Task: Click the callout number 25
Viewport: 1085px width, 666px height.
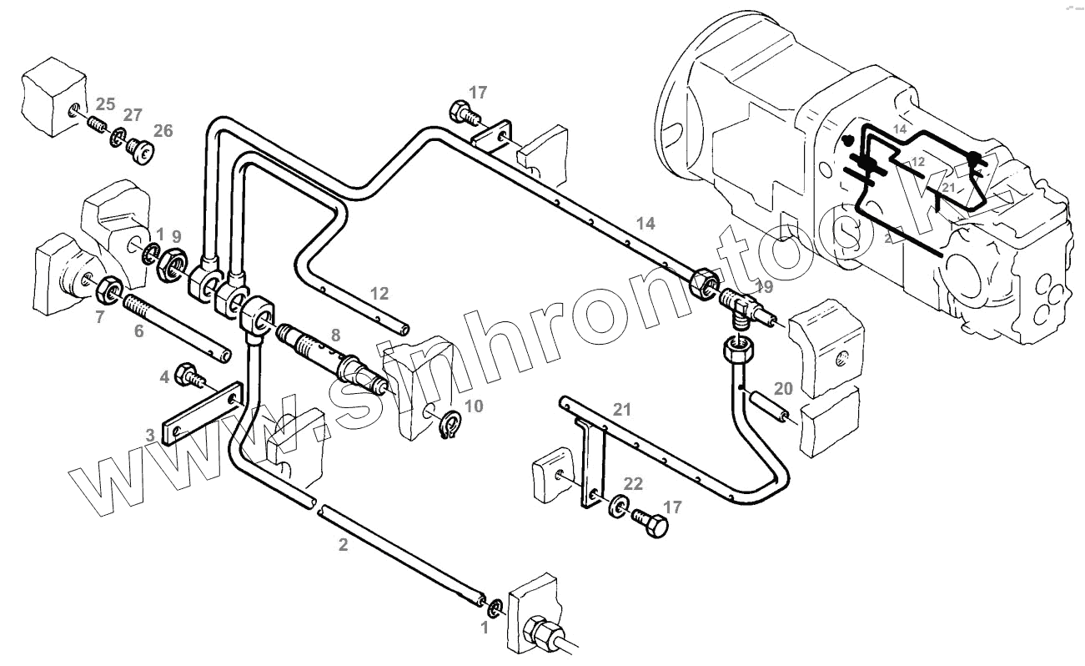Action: coord(105,104)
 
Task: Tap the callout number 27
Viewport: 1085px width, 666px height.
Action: coord(133,115)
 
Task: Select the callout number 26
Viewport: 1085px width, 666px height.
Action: coord(163,131)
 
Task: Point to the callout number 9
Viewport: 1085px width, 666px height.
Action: coord(176,236)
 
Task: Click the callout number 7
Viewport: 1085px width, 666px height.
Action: coord(100,316)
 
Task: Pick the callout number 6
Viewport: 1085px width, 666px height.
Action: coord(138,330)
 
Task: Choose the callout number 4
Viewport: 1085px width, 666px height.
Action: coord(165,377)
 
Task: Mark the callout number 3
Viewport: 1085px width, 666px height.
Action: coord(150,435)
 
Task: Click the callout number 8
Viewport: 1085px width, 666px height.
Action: coord(334,336)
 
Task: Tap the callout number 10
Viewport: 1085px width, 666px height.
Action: coord(473,406)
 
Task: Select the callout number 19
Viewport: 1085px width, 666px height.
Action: coord(763,287)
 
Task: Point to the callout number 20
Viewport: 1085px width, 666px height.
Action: coord(782,388)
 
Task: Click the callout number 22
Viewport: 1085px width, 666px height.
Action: coord(633,483)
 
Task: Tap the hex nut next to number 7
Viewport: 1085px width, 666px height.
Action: coord(108,290)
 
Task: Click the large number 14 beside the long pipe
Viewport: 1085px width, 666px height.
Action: coord(645,223)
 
